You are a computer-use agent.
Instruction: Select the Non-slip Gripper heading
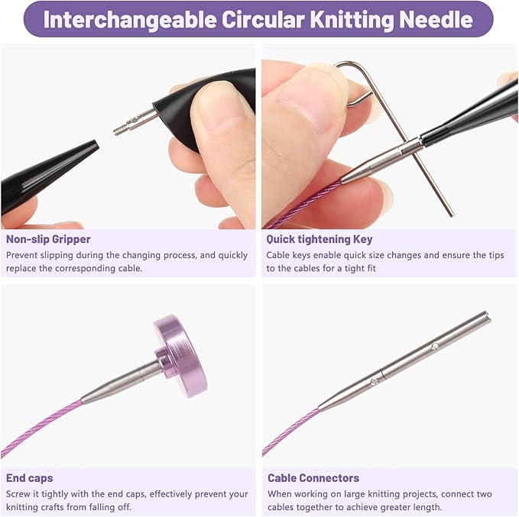[48, 239]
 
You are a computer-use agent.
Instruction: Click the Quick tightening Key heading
[320, 239]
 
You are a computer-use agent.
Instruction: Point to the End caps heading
[30, 478]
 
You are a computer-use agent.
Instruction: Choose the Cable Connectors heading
[313, 478]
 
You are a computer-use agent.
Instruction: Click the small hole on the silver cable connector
[435, 346]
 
